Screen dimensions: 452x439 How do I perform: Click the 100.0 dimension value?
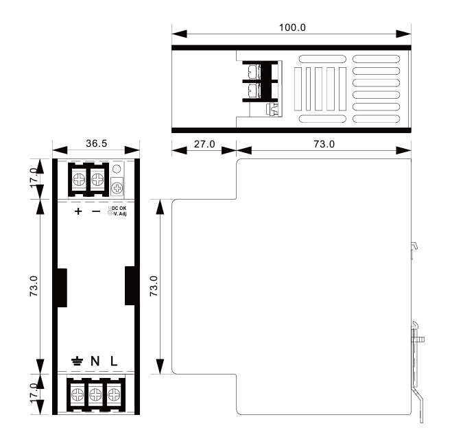(292, 27)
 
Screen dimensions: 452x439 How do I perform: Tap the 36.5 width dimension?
(96, 143)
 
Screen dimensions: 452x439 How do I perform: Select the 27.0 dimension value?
(204, 144)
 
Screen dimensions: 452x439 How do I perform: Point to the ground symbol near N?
(78, 361)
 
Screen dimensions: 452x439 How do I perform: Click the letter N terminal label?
(95, 361)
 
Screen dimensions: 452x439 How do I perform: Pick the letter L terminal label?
(114, 361)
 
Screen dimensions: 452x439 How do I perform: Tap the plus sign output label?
(78, 211)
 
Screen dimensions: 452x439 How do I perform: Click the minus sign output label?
(96, 211)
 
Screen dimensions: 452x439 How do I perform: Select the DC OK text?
(119, 208)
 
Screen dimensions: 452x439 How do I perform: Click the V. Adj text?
(120, 213)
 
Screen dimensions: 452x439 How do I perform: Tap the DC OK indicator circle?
(117, 169)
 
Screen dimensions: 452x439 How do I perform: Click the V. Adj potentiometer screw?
(117, 188)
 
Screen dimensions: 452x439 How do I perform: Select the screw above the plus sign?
(80, 180)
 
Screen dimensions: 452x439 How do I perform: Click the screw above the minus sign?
(97, 180)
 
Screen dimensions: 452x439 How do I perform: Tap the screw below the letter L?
(114, 394)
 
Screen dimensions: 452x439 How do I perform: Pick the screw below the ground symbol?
(78, 394)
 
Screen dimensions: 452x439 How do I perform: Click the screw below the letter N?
(96, 394)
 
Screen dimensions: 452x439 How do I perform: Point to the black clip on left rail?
(62, 287)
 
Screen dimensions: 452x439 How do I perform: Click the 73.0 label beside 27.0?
(324, 144)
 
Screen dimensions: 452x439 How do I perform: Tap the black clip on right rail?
(130, 285)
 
